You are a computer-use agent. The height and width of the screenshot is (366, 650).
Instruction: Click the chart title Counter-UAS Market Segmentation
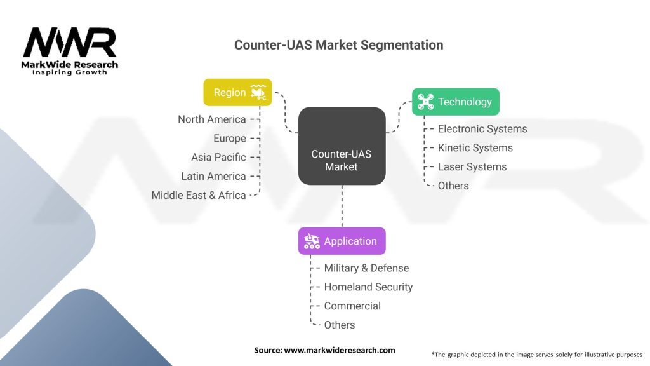338,45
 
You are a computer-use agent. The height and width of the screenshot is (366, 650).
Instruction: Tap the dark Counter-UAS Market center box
342,146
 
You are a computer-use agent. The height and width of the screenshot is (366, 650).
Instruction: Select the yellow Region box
237,92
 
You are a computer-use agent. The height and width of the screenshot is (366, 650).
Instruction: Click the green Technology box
455,102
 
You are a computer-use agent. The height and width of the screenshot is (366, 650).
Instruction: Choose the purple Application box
342,241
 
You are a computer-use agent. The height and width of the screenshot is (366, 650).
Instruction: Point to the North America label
211,119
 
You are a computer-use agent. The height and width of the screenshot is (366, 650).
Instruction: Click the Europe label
229,138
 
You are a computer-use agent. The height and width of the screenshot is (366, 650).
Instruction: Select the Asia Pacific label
218,157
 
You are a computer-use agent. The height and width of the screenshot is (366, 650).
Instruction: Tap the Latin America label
213,176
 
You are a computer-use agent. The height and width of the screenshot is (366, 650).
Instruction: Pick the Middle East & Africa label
199,195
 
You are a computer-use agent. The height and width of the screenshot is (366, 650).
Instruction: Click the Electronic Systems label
482,128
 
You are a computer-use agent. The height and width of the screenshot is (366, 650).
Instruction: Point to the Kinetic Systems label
475,147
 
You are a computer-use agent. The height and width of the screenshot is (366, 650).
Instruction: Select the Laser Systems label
472,166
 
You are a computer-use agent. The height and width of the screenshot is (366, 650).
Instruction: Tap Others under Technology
453,186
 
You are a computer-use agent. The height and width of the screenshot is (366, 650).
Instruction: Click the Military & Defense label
366,268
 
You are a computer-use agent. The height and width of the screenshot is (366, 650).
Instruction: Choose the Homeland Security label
368,287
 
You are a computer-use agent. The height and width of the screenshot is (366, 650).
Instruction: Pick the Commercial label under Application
352,306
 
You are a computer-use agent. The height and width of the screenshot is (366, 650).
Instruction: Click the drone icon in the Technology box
425,102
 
